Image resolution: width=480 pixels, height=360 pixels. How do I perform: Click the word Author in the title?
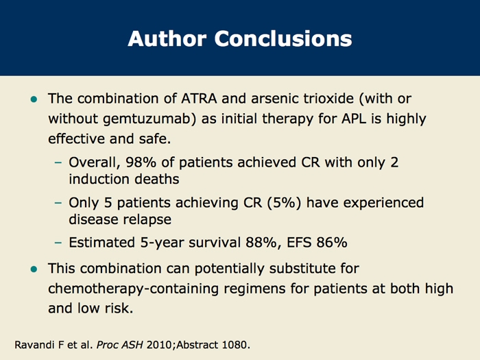pos(167,38)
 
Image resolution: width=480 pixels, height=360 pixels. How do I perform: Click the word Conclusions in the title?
pos(283,38)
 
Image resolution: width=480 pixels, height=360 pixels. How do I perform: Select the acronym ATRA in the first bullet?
pos(199,99)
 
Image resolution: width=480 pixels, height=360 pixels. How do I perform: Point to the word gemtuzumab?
pos(149,119)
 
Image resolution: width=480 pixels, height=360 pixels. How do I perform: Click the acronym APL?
pos(354,119)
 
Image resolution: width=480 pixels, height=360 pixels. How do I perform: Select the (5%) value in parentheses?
pos(284,203)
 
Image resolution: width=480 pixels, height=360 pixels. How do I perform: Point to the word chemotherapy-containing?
pos(133,289)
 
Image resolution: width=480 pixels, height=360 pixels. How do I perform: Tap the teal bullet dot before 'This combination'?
pos(34,269)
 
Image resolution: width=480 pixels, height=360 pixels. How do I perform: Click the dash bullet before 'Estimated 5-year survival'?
pos(58,243)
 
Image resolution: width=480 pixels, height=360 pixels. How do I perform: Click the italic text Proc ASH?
pos(120,345)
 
